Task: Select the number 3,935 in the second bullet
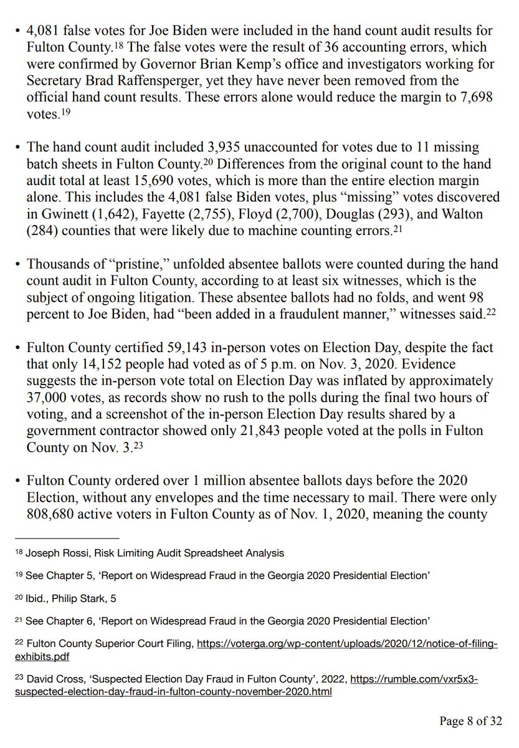click(x=227, y=148)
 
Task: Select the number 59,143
click(x=163, y=347)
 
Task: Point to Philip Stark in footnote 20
click(x=78, y=598)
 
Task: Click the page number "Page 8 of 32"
click(x=470, y=721)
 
